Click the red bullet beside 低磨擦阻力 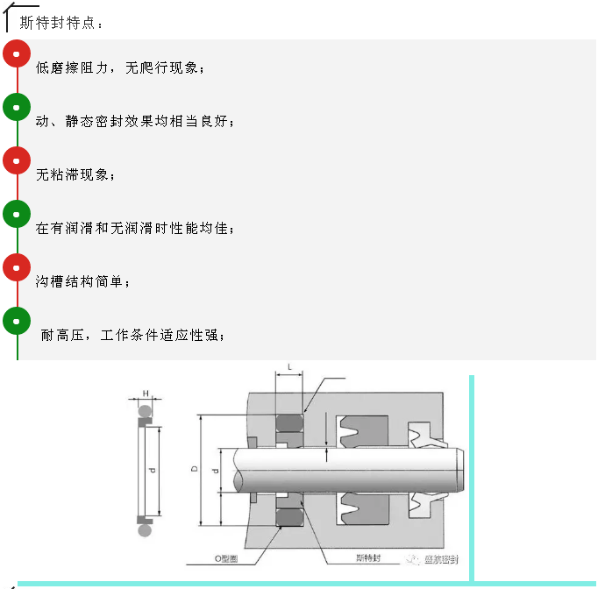[17, 53]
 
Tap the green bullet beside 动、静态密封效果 [17, 107]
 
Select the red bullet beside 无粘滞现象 [17, 160]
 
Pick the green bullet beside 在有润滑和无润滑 [17, 214]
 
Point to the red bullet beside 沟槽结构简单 [17, 267]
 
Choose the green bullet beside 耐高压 [17, 321]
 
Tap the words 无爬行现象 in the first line [161, 67]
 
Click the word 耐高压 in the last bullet [62, 335]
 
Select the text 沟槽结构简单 [79, 281]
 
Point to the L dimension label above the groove [289, 367]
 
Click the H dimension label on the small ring [146, 394]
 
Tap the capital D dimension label [195, 469]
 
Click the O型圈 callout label [226, 558]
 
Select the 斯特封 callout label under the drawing [368, 557]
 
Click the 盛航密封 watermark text [441, 559]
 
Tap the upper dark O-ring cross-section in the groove [289, 423]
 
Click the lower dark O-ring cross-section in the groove [289, 517]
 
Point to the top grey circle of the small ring [145, 412]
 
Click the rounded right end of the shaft [460, 470]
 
